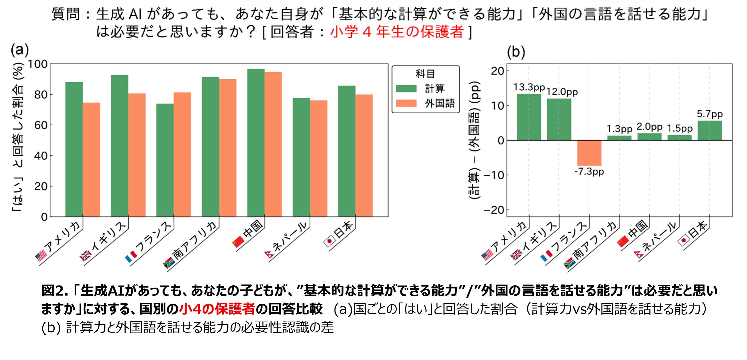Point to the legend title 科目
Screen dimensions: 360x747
point(425,74)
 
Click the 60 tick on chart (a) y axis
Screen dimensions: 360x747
point(41,125)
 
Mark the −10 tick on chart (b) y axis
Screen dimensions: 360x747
point(494,175)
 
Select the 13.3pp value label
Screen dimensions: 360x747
point(529,87)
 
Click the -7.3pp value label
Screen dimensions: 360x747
point(589,172)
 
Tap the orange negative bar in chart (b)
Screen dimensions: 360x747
point(589,153)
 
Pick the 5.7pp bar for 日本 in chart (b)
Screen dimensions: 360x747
point(709,130)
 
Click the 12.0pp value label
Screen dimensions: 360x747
point(562,92)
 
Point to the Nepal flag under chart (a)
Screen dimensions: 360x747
point(269,255)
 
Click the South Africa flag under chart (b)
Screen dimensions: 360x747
point(569,264)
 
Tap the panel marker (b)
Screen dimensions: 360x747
point(515,52)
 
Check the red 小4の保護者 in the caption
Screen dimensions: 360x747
point(217,309)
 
